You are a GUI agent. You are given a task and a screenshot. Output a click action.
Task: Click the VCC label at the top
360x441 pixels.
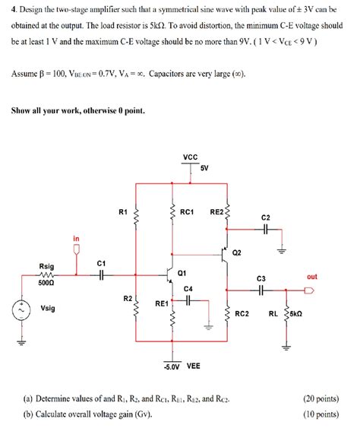coord(191,157)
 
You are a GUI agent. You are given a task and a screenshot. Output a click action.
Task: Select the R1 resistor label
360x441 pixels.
coord(123,212)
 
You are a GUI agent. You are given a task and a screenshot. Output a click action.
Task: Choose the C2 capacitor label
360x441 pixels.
coord(264,217)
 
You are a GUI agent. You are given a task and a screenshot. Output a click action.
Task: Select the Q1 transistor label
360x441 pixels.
coord(182,271)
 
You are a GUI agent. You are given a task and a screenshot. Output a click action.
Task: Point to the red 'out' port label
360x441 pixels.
coord(311,277)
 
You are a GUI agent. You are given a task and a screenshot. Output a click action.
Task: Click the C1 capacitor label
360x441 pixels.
coord(101,263)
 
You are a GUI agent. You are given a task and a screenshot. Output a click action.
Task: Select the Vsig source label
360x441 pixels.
coord(47,309)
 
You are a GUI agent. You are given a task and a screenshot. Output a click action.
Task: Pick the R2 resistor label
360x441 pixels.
coord(127,298)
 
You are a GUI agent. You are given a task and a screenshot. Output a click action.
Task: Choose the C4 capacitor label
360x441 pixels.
coord(188,289)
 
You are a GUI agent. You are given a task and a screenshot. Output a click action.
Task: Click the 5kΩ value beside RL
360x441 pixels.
coord(296,313)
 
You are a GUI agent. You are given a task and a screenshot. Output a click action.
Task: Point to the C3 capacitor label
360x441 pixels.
coord(261,279)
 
